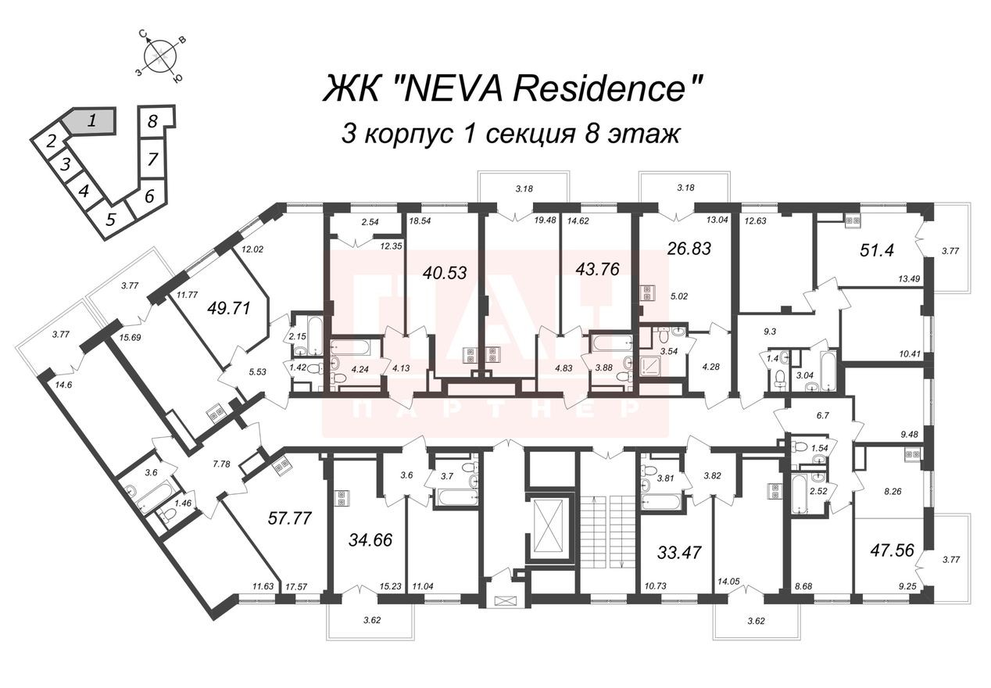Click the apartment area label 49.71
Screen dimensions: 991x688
pos(229,307)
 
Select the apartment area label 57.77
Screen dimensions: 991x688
pos(290,518)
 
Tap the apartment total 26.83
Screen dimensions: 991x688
pos(689,249)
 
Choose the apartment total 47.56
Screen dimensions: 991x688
pos(892,550)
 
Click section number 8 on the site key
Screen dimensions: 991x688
pos(152,120)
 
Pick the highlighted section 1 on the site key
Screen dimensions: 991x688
pos(91,120)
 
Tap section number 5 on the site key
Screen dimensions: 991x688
pos(111,220)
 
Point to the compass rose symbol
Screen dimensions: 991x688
pos(159,56)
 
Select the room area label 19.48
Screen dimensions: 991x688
pos(545,220)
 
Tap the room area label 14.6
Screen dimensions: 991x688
pos(64,385)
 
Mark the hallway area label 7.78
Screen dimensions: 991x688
pos(222,464)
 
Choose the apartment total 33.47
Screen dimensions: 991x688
pos(679,553)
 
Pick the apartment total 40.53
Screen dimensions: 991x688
pos(445,273)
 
